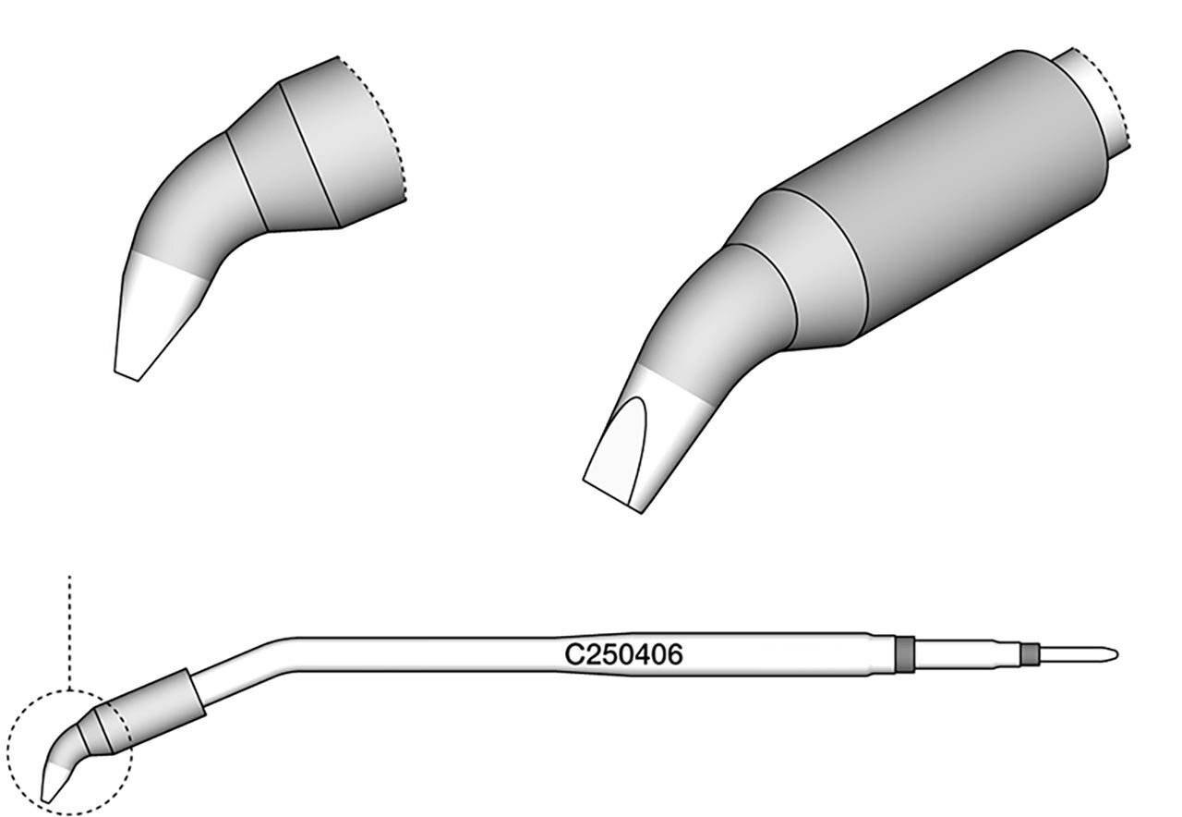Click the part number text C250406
623,655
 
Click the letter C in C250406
573,655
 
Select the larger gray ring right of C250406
905,655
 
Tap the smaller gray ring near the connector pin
1030,654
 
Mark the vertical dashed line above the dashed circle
69,633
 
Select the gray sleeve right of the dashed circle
157,711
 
